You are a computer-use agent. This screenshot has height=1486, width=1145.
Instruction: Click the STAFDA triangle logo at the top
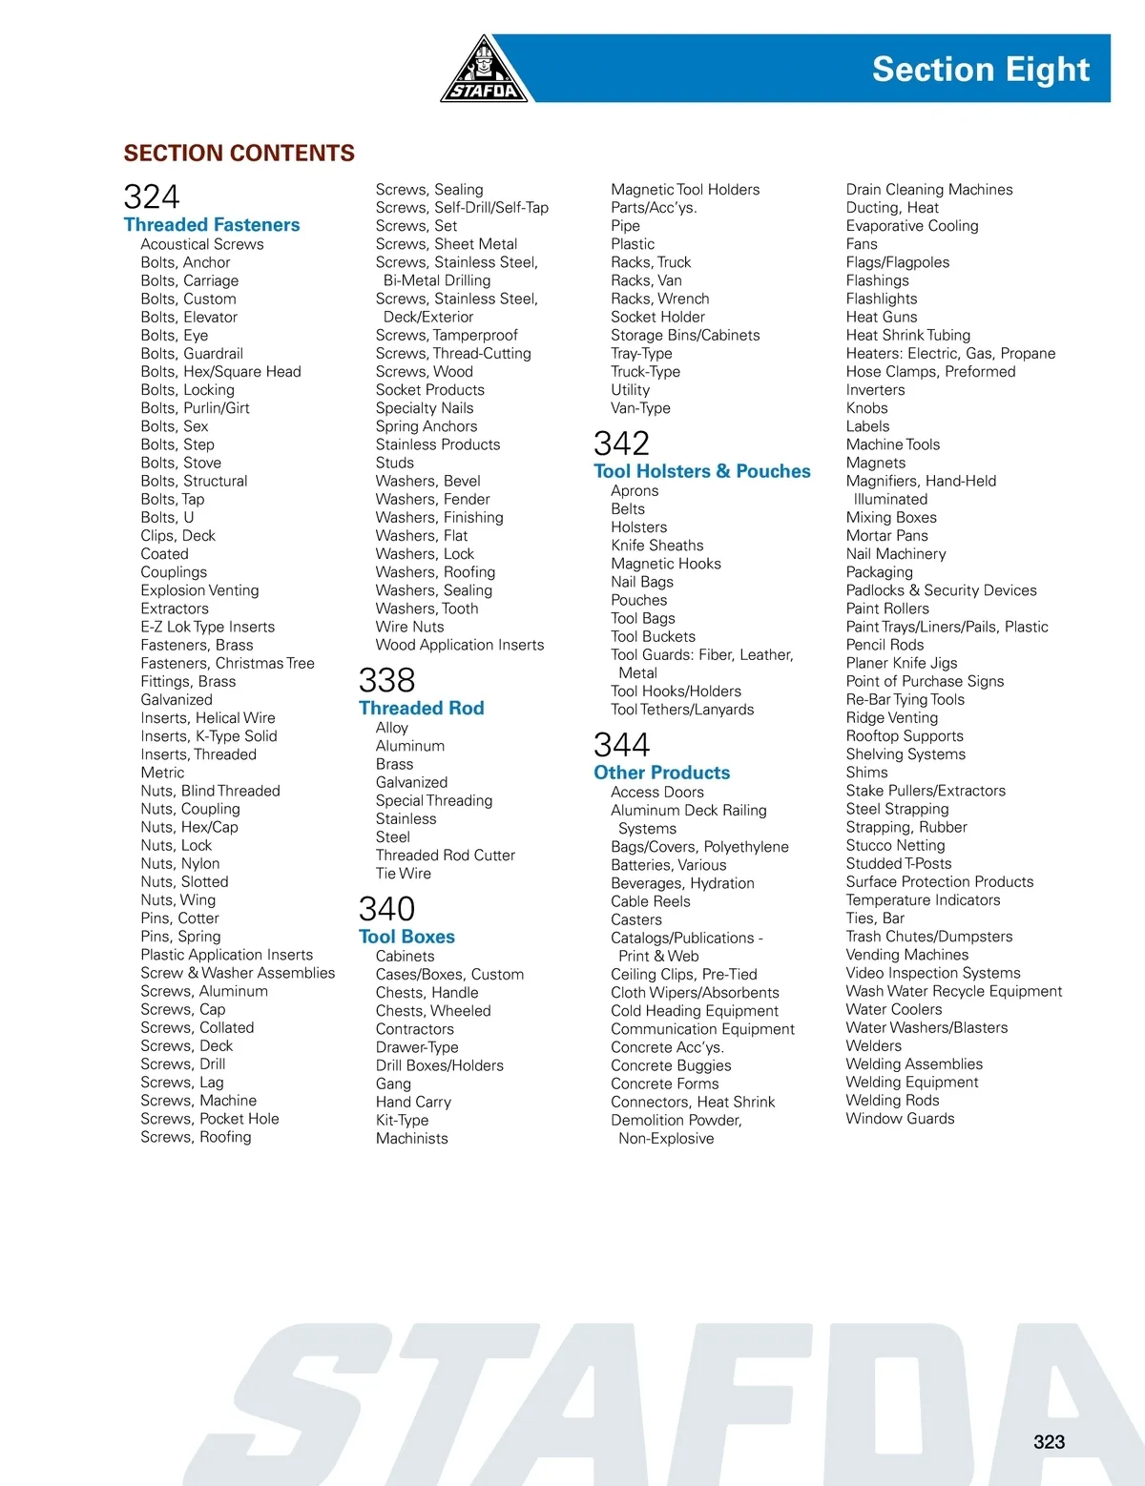pos(485,72)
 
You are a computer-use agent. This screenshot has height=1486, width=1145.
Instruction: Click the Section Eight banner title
pos(980,70)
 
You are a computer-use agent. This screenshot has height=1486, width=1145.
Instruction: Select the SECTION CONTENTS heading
pos(239,154)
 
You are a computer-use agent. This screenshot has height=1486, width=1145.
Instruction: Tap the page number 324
pos(152,197)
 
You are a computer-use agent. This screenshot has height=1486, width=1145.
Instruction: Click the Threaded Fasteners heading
pos(212,225)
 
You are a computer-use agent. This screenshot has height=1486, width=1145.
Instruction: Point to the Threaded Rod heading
pos(421,709)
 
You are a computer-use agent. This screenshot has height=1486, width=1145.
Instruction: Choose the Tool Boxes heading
pos(406,938)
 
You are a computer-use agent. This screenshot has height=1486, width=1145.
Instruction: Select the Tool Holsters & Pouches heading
pos(701,471)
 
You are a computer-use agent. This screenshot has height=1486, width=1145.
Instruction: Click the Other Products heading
pos(661,773)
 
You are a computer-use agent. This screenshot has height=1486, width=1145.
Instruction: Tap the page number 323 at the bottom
pos(1049,1442)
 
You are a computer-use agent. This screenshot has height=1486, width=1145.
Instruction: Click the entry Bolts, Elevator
pos(189,318)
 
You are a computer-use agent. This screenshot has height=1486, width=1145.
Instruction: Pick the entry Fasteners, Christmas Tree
pos(227,664)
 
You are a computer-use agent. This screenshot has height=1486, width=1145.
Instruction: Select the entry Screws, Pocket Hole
pos(210,1119)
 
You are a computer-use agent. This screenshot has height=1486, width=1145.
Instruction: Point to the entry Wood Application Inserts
pos(460,646)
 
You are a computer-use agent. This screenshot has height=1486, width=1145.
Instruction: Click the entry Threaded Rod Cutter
pos(445,856)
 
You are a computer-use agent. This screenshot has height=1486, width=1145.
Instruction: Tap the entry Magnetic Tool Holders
pos(685,190)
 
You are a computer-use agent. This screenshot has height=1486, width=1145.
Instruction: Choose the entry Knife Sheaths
pos(657,546)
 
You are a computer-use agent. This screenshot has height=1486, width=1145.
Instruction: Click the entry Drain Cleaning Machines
pos(929,190)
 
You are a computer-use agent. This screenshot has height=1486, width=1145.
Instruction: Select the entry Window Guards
pos(900,1119)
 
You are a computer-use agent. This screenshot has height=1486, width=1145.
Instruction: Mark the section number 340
pos(386,909)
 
